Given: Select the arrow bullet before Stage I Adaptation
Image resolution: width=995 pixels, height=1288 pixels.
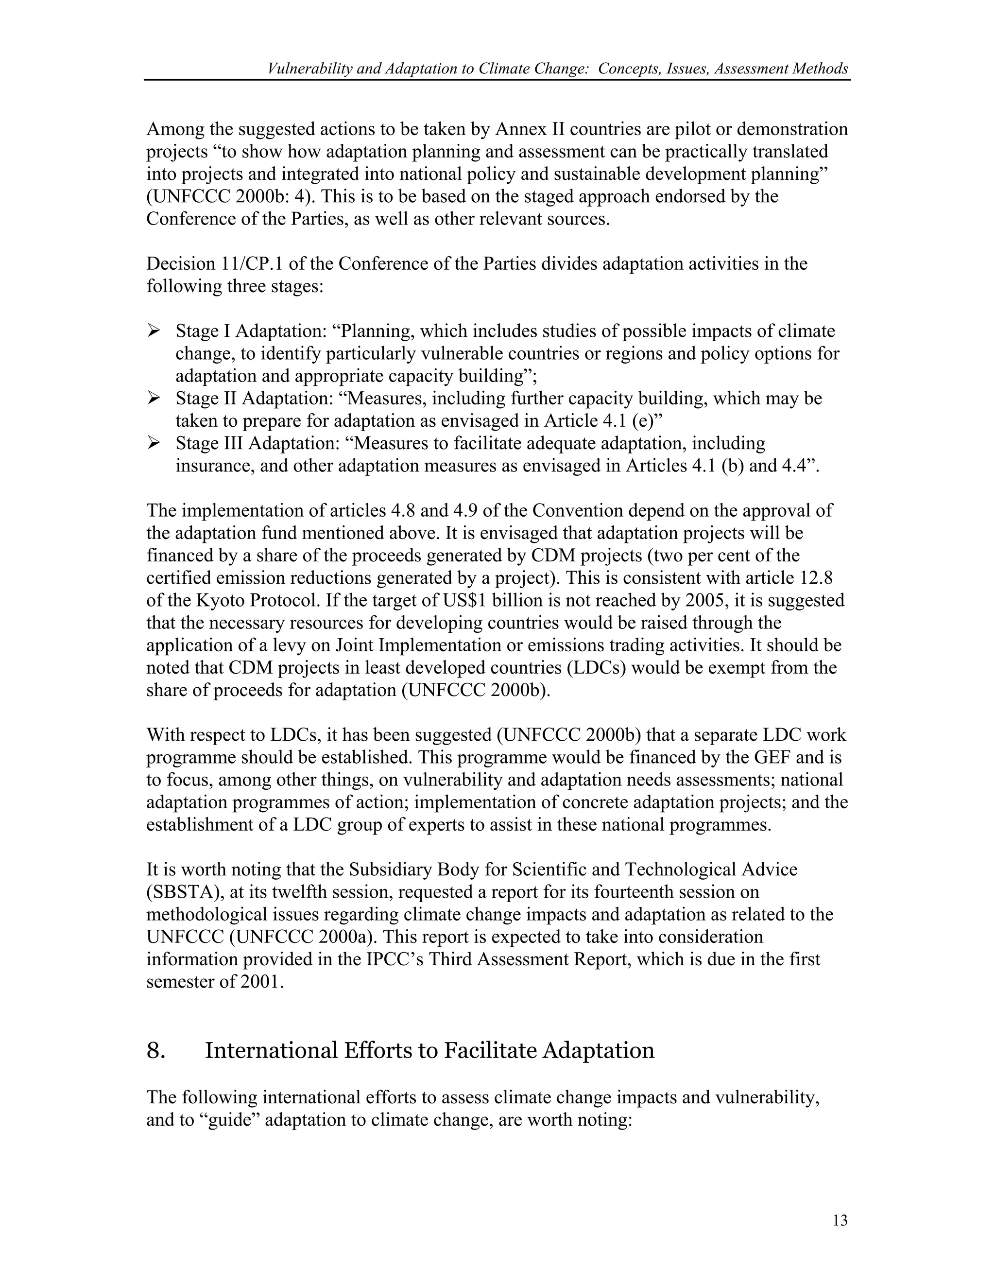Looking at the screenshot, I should (x=154, y=331).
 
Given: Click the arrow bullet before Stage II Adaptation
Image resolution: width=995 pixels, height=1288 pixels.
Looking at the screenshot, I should (x=154, y=398).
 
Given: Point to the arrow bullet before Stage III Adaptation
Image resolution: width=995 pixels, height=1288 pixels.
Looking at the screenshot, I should (x=154, y=443).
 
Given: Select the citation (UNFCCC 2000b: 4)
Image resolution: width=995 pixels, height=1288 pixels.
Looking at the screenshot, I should (x=230, y=196).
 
